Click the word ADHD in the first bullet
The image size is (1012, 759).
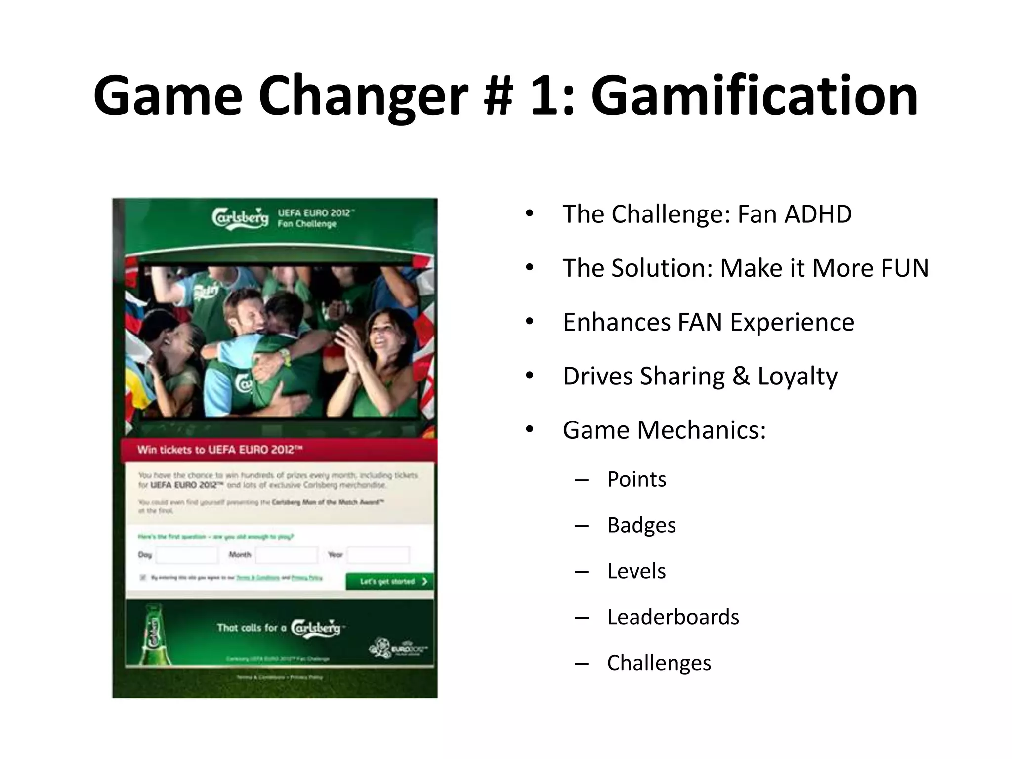coord(818,214)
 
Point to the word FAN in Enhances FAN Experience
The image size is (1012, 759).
coord(700,323)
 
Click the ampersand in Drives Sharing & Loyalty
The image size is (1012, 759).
coord(741,377)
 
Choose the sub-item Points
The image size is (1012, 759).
coord(636,479)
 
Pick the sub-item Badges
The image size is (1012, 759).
coord(641,525)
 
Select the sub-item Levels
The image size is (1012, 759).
coord(636,571)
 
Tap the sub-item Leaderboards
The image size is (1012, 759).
coord(673,617)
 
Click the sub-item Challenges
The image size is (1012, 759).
coord(659,663)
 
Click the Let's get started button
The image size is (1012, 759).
coord(389,582)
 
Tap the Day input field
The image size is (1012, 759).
coord(187,555)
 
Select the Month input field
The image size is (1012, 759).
coord(287,555)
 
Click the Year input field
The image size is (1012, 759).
coord(378,555)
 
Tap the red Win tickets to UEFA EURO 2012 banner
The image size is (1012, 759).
coord(279,450)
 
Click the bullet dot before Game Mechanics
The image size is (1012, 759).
coord(530,430)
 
